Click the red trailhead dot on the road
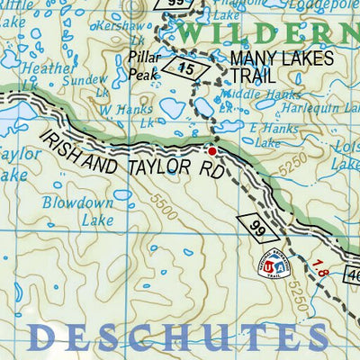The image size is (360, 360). pyautogui.click(x=212, y=151)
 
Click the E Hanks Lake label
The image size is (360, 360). pyautogui.click(x=277, y=135)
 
